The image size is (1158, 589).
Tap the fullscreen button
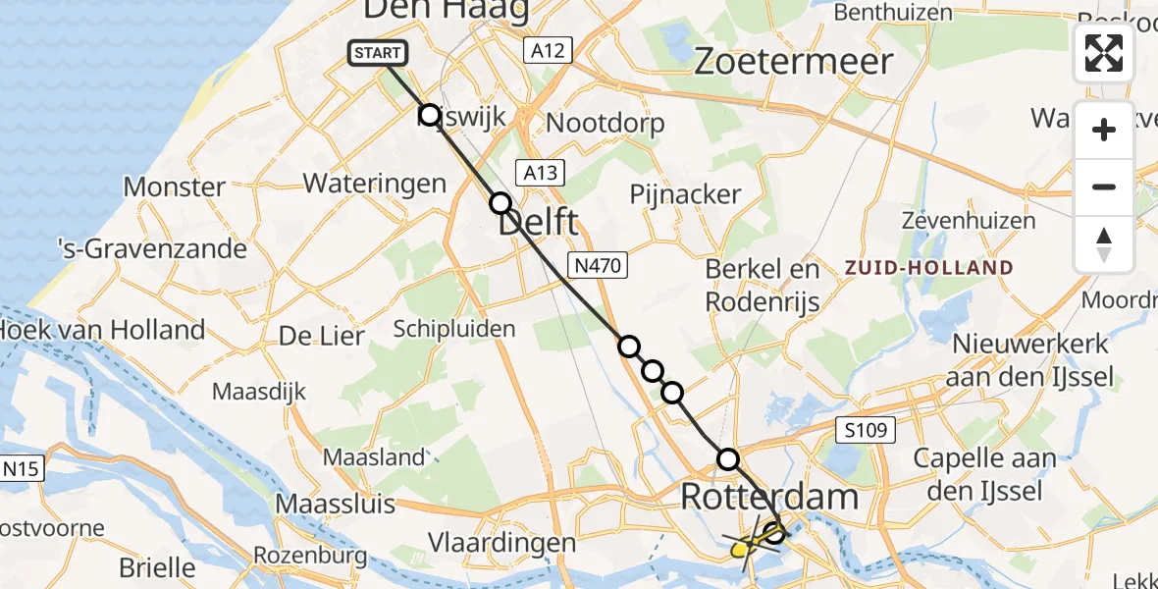coord(1104,53)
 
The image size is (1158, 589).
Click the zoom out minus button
coord(1104,187)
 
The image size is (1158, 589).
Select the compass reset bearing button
coord(1104,243)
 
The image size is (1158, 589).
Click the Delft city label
coord(538,222)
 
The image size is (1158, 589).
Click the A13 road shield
coord(540,174)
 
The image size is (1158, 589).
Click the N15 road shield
coord(21,469)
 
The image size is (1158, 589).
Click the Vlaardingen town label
coord(501,543)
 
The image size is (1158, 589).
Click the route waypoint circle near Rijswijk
coord(429,116)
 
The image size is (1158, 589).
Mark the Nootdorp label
coord(605,124)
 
